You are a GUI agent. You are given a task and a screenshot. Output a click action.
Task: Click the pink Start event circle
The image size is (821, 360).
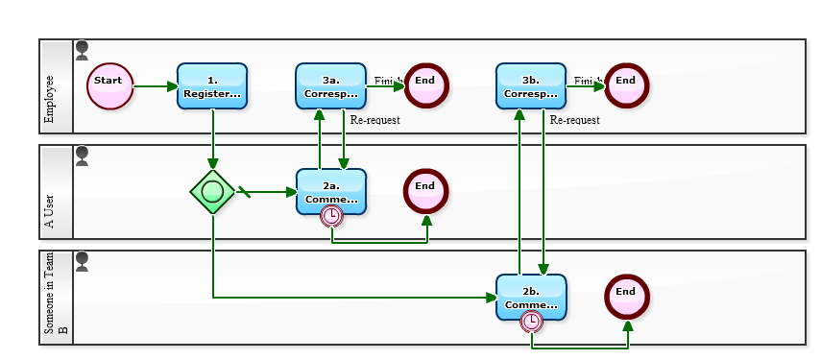pos(109,86)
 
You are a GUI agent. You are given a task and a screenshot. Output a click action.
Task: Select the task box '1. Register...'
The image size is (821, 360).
pos(212,86)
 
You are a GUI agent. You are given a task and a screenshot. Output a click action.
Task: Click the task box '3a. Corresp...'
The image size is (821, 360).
pos(330,86)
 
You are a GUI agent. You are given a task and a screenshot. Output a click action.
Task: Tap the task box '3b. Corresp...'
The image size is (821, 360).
pos(531,86)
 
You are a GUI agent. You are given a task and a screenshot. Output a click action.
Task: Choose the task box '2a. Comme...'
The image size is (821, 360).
pos(330,191)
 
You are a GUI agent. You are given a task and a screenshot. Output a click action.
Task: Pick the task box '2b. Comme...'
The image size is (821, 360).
pos(531,297)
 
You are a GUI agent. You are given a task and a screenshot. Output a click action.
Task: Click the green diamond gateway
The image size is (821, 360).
pos(213,192)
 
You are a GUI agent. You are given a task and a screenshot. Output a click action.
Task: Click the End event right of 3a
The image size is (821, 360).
pos(425,85)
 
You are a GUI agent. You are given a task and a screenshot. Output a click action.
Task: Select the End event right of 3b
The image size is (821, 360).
pos(626,85)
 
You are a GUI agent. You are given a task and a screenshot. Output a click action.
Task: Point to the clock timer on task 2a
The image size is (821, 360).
pos(331,217)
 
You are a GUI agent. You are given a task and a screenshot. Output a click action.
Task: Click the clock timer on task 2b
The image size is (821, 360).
pos(532,323)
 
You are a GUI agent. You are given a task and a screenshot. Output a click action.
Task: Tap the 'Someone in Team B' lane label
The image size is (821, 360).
pos(56,297)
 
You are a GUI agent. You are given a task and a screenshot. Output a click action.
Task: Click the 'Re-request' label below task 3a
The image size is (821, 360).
pos(374,120)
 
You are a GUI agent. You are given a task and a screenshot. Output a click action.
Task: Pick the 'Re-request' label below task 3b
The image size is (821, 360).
pos(574,120)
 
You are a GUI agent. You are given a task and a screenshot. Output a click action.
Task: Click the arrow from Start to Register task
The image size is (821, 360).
pos(156,86)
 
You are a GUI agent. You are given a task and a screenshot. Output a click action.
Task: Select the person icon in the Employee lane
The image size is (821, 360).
pos(82,48)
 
